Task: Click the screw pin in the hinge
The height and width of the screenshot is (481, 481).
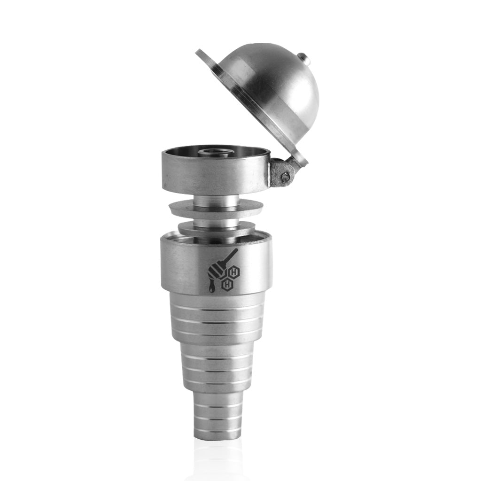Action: click(285, 177)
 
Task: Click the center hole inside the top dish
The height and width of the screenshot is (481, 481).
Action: click(216, 152)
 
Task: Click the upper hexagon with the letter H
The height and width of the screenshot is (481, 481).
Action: click(233, 272)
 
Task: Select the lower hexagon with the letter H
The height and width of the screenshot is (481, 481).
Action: click(227, 284)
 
